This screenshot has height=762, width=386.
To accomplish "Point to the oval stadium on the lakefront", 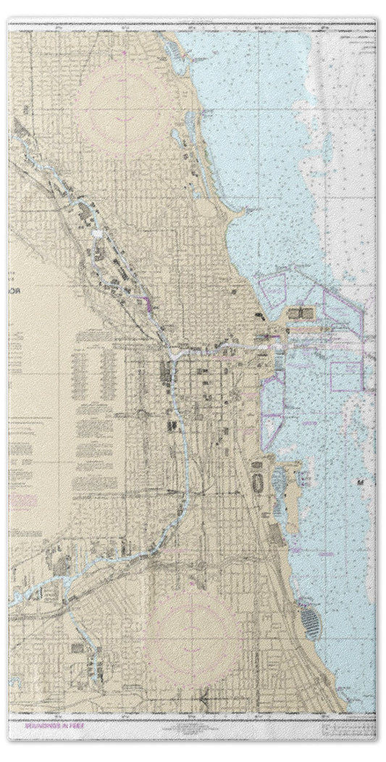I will click(x=257, y=482).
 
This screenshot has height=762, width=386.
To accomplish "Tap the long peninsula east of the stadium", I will click(x=290, y=485).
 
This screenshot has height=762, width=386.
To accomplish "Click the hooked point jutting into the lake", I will click(x=243, y=210).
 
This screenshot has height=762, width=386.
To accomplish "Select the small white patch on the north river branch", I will click(x=98, y=235).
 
